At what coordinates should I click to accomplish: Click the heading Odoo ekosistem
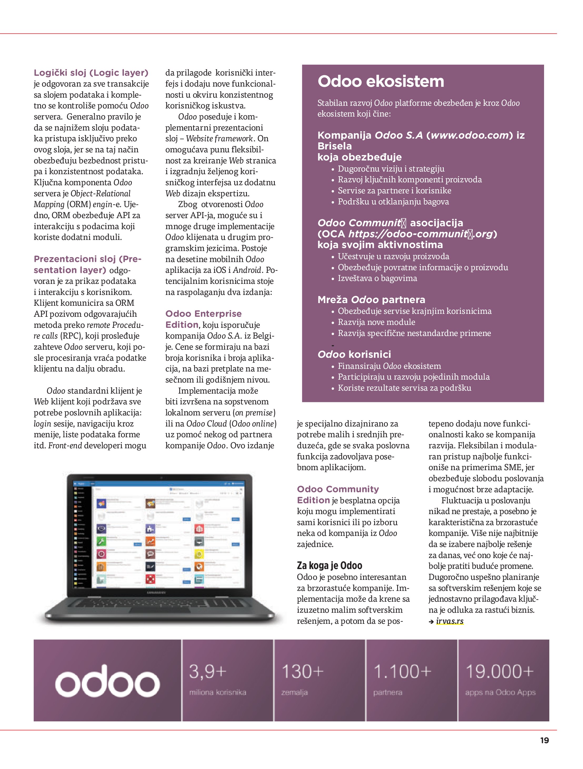click(x=381, y=81)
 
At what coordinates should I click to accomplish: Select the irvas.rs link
click(x=450, y=621)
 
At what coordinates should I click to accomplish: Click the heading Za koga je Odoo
click(x=330, y=566)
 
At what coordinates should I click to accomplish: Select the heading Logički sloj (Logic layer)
click(x=91, y=73)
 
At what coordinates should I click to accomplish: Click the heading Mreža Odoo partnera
click(x=371, y=299)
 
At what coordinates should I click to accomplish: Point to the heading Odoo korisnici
click(x=354, y=354)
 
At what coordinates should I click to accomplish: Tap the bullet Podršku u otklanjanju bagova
click(x=393, y=202)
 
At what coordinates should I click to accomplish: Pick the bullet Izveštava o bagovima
click(x=377, y=278)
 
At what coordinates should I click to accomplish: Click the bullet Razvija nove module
click(x=376, y=322)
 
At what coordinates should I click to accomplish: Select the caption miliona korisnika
click(x=218, y=692)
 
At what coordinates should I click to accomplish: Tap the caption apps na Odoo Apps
click(x=500, y=692)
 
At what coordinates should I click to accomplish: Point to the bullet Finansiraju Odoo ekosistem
click(x=389, y=366)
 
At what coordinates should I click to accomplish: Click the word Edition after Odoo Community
click(x=313, y=500)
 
